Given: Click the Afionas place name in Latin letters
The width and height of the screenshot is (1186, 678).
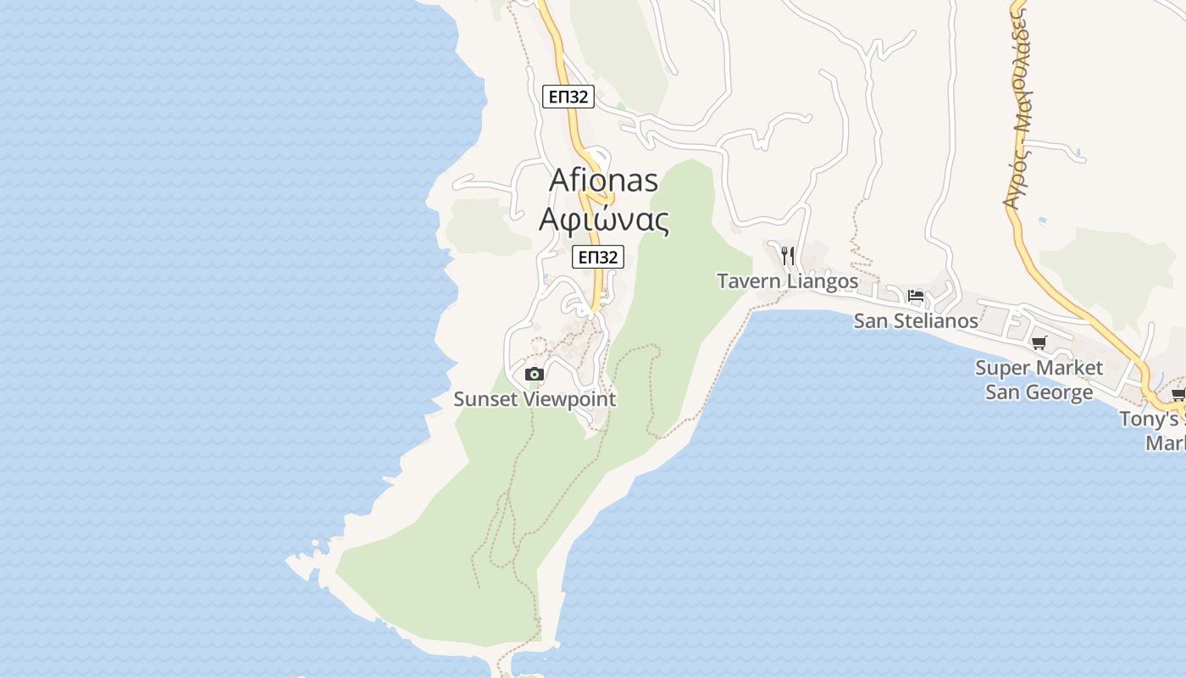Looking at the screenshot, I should [x=603, y=180].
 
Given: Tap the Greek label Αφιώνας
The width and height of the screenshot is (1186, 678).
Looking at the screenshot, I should [x=604, y=220].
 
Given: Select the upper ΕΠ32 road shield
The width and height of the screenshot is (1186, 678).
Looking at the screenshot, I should [x=568, y=97].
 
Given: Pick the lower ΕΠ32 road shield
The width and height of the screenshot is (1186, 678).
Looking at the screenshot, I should [x=598, y=257].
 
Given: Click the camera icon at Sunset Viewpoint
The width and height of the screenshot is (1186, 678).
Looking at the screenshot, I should [x=534, y=374].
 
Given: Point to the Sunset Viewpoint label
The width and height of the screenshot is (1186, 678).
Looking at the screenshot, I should [x=535, y=398].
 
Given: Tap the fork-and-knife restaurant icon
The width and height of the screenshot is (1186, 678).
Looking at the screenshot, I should [x=788, y=255].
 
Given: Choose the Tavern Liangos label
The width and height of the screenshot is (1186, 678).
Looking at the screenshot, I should [x=787, y=281].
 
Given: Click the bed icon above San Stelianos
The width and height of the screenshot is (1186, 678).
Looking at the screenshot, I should [x=916, y=296].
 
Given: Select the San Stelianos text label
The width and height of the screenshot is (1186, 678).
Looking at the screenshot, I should [x=915, y=321].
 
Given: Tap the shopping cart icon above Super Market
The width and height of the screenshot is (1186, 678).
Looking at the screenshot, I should [x=1039, y=343].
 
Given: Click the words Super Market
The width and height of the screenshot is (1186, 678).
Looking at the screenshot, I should [x=1039, y=368].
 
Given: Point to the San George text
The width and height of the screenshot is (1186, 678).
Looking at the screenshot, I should [x=1039, y=392].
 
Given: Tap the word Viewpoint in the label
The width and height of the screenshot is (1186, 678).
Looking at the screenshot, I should [x=570, y=398].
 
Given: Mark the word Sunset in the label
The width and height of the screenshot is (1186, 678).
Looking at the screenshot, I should [x=486, y=398].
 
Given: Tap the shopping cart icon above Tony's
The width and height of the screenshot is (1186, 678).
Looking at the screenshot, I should [x=1178, y=394].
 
